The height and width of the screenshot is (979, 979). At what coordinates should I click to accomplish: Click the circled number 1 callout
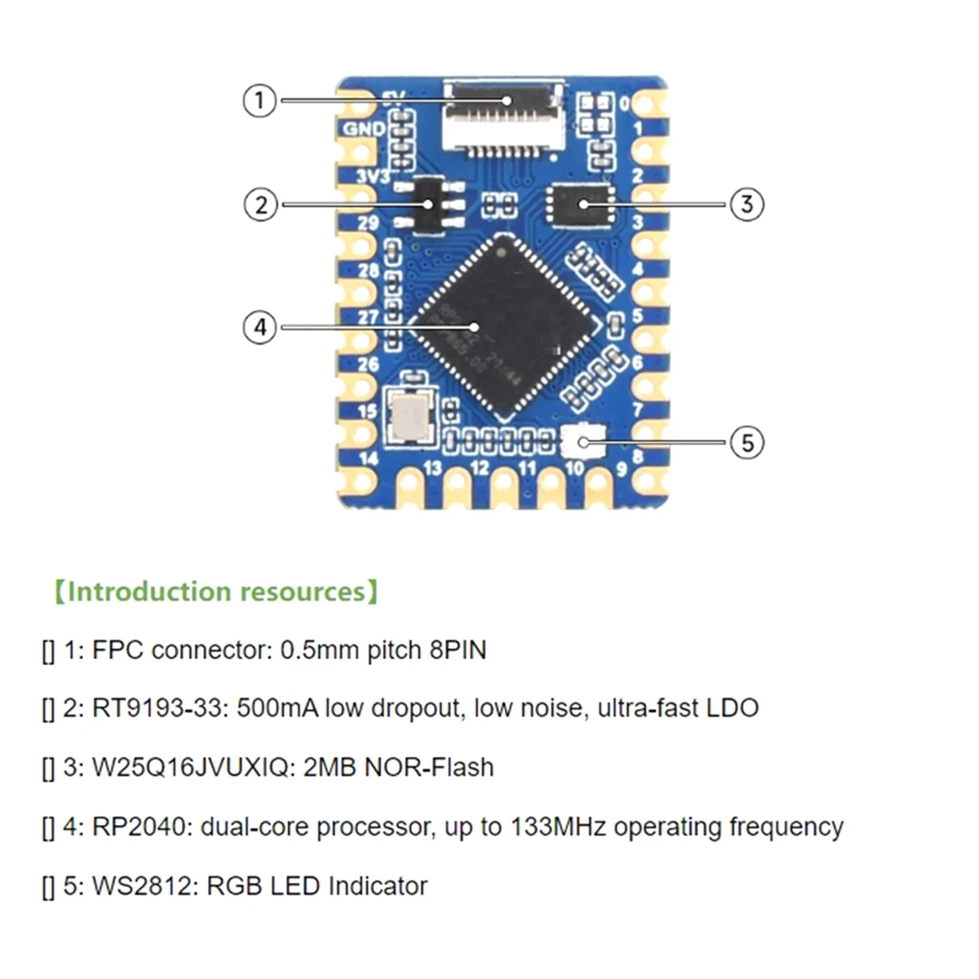259,100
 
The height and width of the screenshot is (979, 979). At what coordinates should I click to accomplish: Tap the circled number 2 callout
260,203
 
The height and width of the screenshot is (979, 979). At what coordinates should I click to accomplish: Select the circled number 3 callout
746,203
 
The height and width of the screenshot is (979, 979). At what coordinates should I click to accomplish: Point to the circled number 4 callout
260,328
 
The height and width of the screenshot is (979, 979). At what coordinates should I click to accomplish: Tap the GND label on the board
364,128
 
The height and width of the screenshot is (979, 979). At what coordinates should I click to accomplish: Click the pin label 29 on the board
368,223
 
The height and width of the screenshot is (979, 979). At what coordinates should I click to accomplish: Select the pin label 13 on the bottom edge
432,467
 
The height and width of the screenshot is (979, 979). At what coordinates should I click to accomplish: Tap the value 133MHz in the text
558,827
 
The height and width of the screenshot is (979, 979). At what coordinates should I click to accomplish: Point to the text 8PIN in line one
457,650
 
